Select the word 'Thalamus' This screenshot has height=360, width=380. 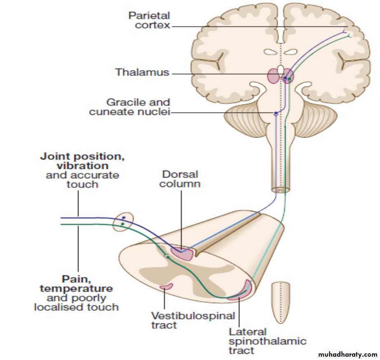tap(142, 72)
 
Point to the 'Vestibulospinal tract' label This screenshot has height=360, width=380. tap(193, 320)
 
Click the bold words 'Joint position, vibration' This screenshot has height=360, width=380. tap(82, 161)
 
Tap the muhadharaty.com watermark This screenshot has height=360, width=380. tap(348, 354)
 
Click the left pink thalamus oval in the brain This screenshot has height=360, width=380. tap(273, 76)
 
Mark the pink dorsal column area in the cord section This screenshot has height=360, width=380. tap(183, 253)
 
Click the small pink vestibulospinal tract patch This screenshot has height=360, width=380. tap(166, 286)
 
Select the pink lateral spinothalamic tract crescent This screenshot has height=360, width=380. tap(242, 291)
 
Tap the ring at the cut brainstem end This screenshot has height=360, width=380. tap(281, 190)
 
